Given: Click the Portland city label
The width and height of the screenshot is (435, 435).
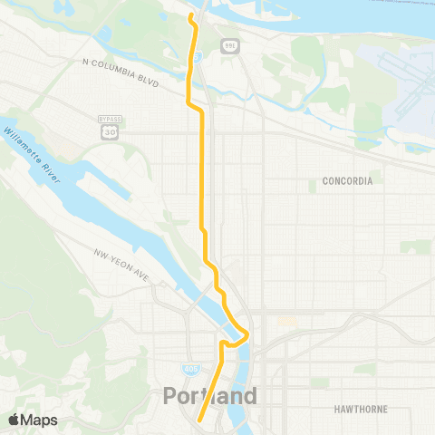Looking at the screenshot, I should click(x=210, y=395).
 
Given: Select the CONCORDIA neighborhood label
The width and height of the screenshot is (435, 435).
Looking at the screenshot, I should click(x=347, y=181).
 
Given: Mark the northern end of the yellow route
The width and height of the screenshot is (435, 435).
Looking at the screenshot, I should click(x=190, y=16).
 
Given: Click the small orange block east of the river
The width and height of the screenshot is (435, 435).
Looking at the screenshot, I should click(x=287, y=321).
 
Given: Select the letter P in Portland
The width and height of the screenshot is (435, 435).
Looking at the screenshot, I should click(x=171, y=395).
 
